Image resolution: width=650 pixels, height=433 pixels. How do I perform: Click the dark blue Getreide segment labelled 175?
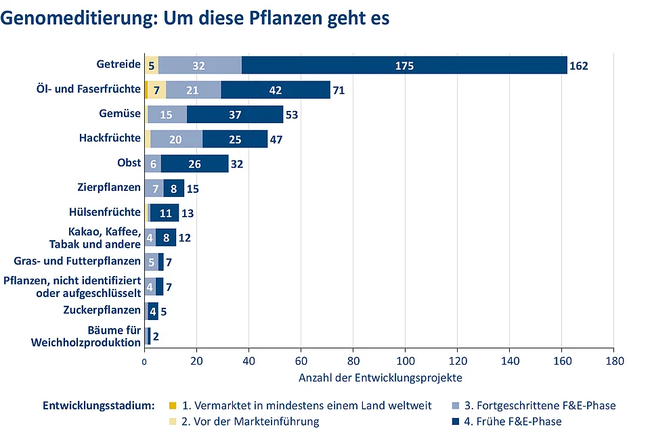point(405,66)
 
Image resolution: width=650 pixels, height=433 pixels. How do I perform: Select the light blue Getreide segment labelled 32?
point(199,66)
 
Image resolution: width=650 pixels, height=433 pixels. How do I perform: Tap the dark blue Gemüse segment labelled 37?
point(235,114)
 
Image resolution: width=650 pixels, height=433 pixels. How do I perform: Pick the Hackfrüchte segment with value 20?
point(176,139)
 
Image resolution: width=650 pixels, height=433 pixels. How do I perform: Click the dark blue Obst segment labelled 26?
point(194,164)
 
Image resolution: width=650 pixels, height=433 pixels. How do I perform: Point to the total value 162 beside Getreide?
point(579,66)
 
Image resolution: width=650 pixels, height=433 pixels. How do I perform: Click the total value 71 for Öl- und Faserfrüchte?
point(339,90)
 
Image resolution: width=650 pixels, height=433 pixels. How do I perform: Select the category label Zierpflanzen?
point(110,187)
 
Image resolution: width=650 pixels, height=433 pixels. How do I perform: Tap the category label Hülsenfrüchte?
point(105,212)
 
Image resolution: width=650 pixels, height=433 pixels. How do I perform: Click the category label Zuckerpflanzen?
point(102,310)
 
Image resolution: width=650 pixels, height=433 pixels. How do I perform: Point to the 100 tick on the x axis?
point(405,362)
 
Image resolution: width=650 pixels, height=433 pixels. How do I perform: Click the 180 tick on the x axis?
point(613,362)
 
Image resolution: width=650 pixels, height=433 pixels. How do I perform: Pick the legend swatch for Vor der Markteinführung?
point(173,421)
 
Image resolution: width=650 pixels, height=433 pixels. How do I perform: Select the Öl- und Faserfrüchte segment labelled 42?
point(275,90)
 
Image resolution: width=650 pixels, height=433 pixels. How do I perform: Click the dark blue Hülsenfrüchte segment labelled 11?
point(165,212)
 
